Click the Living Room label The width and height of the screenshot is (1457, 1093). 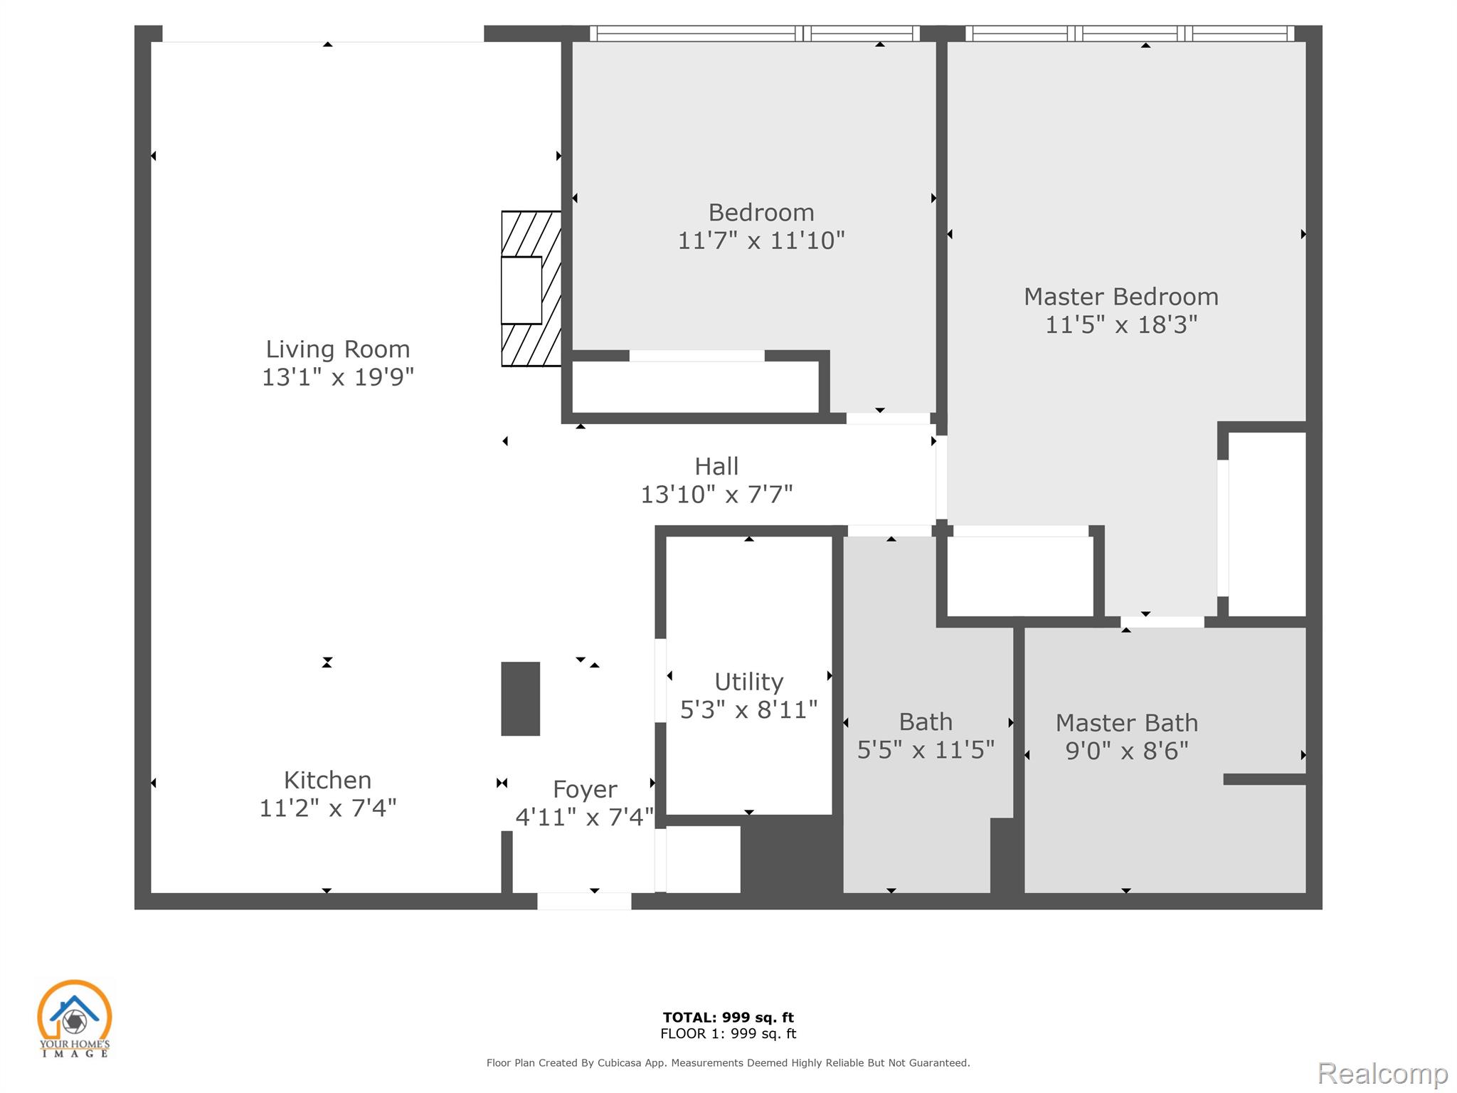[x=338, y=349]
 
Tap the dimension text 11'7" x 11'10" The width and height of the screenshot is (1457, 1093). [x=761, y=241]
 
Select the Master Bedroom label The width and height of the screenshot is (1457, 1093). [x=1121, y=297]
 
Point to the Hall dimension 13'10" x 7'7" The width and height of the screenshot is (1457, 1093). [x=716, y=494]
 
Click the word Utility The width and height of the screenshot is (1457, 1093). [x=748, y=682]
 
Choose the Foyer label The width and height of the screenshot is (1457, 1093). [x=585, y=790]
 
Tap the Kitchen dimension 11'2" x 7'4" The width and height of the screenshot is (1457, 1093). [x=328, y=808]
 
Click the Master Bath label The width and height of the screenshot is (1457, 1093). [x=1127, y=723]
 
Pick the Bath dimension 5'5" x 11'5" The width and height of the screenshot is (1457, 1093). [x=926, y=750]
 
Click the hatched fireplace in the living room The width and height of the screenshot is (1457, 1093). [x=531, y=289]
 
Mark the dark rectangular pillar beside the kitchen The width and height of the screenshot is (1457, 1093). [x=521, y=699]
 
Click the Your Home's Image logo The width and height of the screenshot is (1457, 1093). [x=75, y=1018]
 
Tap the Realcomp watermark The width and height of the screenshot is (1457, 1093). [x=1383, y=1073]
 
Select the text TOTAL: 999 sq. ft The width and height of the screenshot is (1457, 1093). [x=728, y=1018]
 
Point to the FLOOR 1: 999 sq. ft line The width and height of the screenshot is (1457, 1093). [x=728, y=1034]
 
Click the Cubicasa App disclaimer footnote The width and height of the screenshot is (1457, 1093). [x=728, y=1063]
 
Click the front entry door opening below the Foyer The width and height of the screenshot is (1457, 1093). [x=584, y=901]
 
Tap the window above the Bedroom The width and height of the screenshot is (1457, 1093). [x=755, y=33]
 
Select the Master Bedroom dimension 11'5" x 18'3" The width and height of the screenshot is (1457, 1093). [x=1121, y=325]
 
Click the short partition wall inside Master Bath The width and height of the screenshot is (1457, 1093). [x=1265, y=779]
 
